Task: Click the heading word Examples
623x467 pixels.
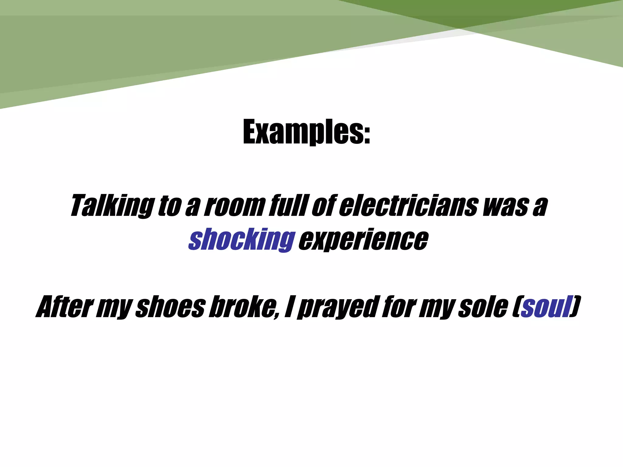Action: [x=306, y=132]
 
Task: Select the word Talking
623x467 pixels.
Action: [x=112, y=206]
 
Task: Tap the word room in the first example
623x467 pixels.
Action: [x=233, y=206]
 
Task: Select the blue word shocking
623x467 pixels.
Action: [x=242, y=240]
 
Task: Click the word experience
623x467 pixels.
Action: [x=364, y=240]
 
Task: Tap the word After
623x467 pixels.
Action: [x=64, y=307]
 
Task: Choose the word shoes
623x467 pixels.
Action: [x=170, y=307]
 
